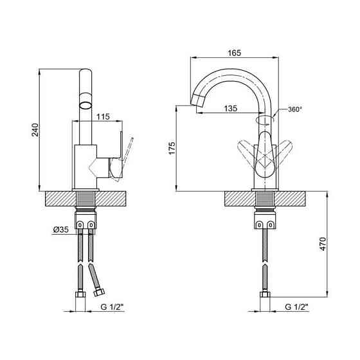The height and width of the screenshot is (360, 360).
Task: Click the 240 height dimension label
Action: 35,130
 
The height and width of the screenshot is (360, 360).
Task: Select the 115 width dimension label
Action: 103,117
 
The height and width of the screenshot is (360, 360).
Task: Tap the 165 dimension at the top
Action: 235,53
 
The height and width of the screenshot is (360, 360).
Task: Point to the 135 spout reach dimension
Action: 231,109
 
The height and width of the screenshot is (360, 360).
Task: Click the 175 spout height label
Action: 172,148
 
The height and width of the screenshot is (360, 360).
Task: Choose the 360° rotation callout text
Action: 295,109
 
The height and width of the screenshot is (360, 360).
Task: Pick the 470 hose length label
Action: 323,244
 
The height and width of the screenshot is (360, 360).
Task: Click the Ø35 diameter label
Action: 61,230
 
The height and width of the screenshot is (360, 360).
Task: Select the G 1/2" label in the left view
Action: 112,307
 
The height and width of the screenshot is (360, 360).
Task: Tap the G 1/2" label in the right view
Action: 296,307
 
